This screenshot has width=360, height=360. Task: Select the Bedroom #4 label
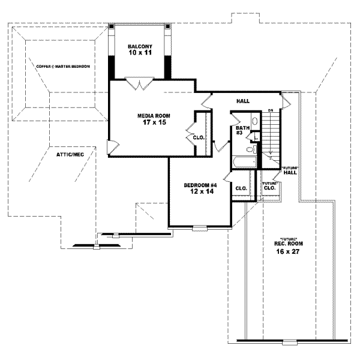(x=200, y=188)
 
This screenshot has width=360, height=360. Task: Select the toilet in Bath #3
(x=251, y=149)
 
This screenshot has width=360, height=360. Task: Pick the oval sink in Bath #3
(x=254, y=122)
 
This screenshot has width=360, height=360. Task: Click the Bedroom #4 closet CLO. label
(x=241, y=188)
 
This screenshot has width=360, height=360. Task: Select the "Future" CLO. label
(x=269, y=185)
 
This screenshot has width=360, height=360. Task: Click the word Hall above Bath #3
(x=243, y=101)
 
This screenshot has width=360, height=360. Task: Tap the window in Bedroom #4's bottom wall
(x=200, y=228)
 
